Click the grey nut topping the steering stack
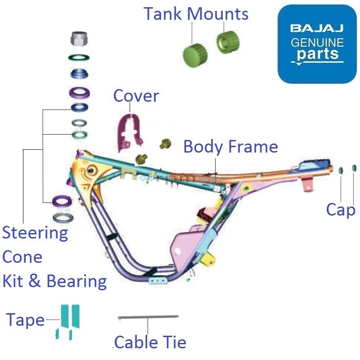pyautogui.click(x=79, y=39)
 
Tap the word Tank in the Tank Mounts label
pyautogui.click(x=163, y=13)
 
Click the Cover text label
pyautogui.click(x=136, y=96)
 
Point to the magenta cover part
pyautogui.click(x=129, y=130)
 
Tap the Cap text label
pyautogui.click(x=341, y=209)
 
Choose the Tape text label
pyautogui.click(x=25, y=319)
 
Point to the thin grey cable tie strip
pyautogui.click(x=148, y=317)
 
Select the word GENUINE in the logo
pyautogui.click(x=317, y=43)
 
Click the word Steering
pyautogui.click(x=35, y=233)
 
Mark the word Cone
pyautogui.click(x=22, y=257)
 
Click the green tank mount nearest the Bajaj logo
pyautogui.click(x=228, y=41)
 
